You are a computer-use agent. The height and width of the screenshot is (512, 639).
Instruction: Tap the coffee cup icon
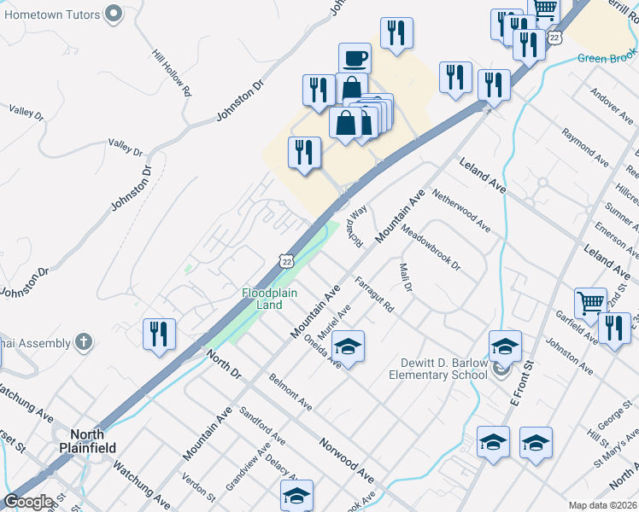[355, 59]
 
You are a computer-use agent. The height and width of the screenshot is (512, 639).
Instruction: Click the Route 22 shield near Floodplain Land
[284, 262]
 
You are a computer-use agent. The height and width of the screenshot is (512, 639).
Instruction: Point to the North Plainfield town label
[88, 440]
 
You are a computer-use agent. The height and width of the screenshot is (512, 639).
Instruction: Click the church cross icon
[82, 343]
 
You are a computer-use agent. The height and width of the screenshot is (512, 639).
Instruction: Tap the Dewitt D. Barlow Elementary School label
[438, 369]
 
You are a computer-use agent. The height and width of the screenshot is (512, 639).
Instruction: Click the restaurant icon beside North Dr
[159, 334]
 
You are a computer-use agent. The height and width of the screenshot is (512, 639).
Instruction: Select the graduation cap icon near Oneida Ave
[348, 346]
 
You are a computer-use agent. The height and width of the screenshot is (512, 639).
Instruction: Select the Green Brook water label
[607, 58]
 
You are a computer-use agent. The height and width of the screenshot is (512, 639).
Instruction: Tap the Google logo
[28, 502]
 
